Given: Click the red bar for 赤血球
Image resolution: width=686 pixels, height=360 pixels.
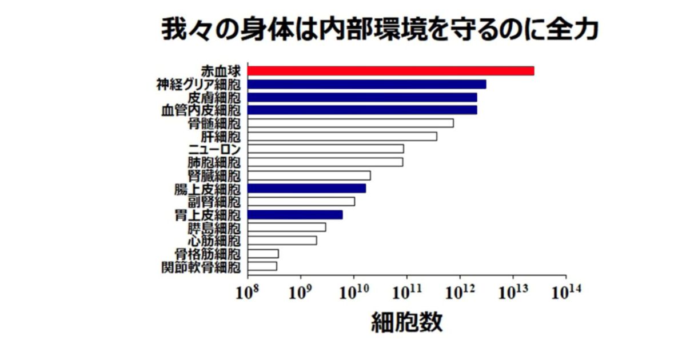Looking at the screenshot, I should (391, 71).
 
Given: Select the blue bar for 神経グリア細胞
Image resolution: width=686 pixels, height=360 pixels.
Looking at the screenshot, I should (367, 84).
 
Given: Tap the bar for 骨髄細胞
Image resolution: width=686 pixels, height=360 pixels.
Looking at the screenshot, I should (351, 123).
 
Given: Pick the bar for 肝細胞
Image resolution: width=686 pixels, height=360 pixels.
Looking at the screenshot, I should (342, 136).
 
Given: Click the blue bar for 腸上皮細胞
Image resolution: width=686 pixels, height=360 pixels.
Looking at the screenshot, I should (307, 188).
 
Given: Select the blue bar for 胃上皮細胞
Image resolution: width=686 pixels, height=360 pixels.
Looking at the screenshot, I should (296, 214).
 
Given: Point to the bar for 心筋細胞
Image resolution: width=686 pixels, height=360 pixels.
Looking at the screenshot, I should (282, 241).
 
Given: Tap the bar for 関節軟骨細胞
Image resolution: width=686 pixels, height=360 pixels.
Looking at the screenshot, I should (263, 266).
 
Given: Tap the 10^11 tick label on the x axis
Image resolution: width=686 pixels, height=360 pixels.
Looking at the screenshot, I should (407, 293).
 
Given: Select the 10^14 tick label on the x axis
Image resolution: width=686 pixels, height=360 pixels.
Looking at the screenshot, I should (566, 293).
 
